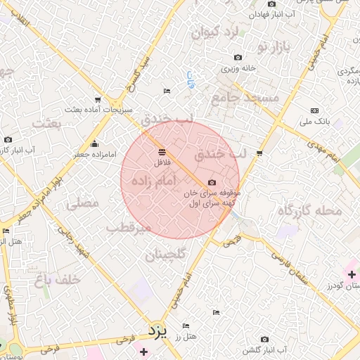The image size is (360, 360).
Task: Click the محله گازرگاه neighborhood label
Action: (x=309, y=210)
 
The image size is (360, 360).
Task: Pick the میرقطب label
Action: (x=129, y=227)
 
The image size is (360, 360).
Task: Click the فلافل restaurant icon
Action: (x=162, y=151)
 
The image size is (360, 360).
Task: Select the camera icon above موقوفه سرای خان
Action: (x=212, y=182)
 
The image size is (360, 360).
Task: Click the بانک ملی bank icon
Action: (x=314, y=110)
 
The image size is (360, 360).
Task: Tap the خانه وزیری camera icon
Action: (x=238, y=58)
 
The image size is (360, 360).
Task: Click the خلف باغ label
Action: (x=58, y=279)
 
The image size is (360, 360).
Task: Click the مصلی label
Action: (x=82, y=204)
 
